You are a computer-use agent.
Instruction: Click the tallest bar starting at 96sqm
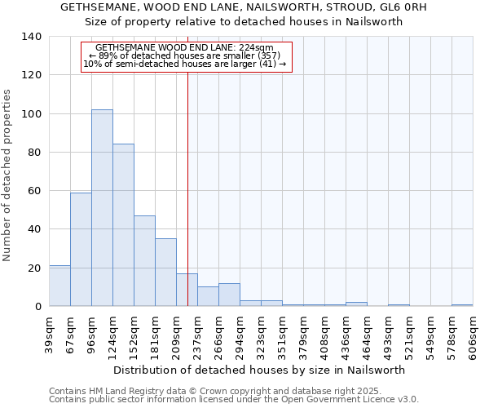point(102,208)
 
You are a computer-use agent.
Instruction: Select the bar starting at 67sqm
point(81,249)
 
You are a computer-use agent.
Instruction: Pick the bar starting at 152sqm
point(144,261)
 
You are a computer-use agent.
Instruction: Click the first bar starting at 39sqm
point(59,286)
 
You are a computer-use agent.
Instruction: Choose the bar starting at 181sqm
point(165,273)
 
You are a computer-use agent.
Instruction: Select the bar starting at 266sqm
point(229,295)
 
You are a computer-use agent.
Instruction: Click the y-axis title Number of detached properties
point(8,175)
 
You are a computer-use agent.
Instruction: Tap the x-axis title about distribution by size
point(259,370)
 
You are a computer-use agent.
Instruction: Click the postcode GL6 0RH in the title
point(407,7)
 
